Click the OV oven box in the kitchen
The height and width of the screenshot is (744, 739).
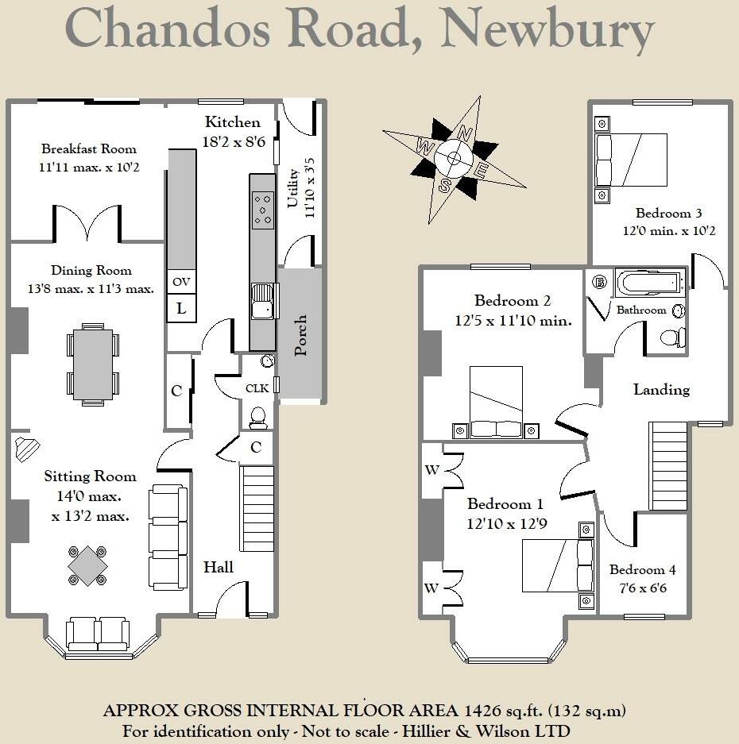(181, 282)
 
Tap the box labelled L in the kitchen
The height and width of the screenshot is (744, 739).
(181, 308)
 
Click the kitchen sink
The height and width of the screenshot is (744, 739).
(261, 301)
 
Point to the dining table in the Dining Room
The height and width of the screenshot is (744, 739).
(93, 362)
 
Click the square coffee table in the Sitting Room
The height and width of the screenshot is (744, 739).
(87, 565)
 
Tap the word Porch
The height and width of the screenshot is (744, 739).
(300, 335)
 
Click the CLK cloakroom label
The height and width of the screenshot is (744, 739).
(257, 389)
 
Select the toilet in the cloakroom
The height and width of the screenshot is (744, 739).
(257, 417)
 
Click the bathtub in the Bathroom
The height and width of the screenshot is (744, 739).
(650, 283)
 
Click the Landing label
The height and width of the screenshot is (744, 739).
(661, 390)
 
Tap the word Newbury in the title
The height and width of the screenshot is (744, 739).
(548, 29)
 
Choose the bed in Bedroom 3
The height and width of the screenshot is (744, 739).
(632, 159)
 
